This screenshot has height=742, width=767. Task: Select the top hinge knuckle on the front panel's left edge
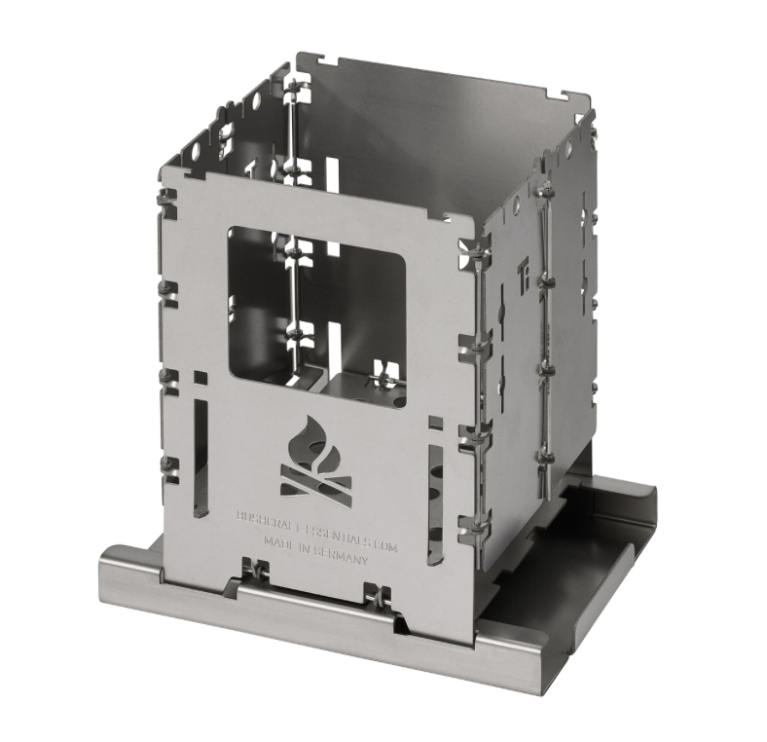click(x=168, y=204)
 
